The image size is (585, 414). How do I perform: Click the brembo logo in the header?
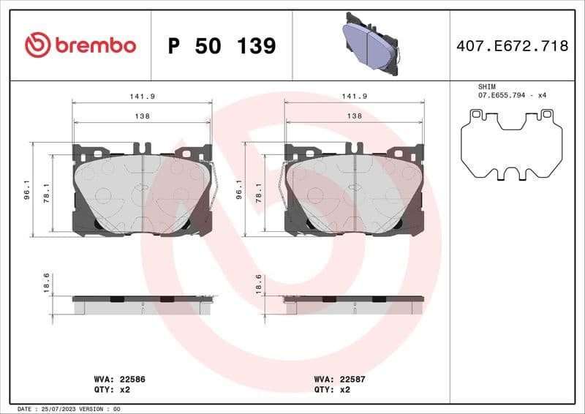pyautogui.click(x=80, y=45)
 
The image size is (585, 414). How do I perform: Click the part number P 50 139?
pyautogui.click(x=222, y=46)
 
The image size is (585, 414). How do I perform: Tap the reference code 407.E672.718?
pyautogui.click(x=512, y=46)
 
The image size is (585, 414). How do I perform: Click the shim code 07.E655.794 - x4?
pyautogui.click(x=513, y=96)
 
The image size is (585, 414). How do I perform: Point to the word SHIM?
pyautogui.click(x=486, y=86)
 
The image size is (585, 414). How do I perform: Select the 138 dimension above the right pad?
pyautogui.click(x=354, y=116)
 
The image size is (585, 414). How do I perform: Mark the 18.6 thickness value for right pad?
pyautogui.click(x=258, y=283)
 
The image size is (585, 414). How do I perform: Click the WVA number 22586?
pyautogui.click(x=132, y=380)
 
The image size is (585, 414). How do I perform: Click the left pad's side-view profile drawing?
pyautogui.click(x=143, y=304)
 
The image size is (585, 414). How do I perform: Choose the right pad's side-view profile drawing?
pyautogui.click(x=354, y=304)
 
